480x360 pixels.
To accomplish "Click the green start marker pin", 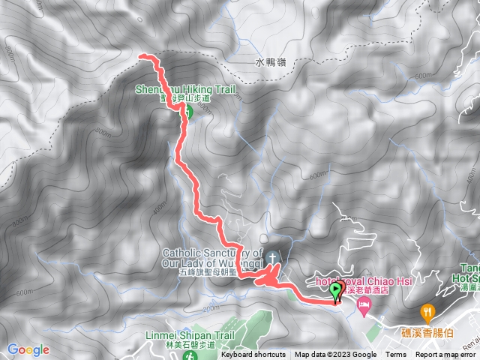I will [x=335, y=289].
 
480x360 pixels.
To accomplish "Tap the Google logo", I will [x=28, y=349].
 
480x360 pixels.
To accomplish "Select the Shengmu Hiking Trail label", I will [x=185, y=88].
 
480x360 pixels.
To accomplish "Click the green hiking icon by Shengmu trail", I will [x=188, y=112].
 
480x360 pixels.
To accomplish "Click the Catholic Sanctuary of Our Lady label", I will [x=213, y=258].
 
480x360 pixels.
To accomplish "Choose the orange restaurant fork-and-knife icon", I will [x=427, y=309].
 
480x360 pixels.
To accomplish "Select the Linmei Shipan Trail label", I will [x=192, y=335].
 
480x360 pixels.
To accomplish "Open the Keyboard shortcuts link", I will [x=253, y=355].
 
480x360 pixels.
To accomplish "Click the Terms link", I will [x=396, y=355].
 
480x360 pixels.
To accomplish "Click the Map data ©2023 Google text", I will [x=335, y=355].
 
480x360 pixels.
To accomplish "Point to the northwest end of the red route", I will [x=142, y=55].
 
